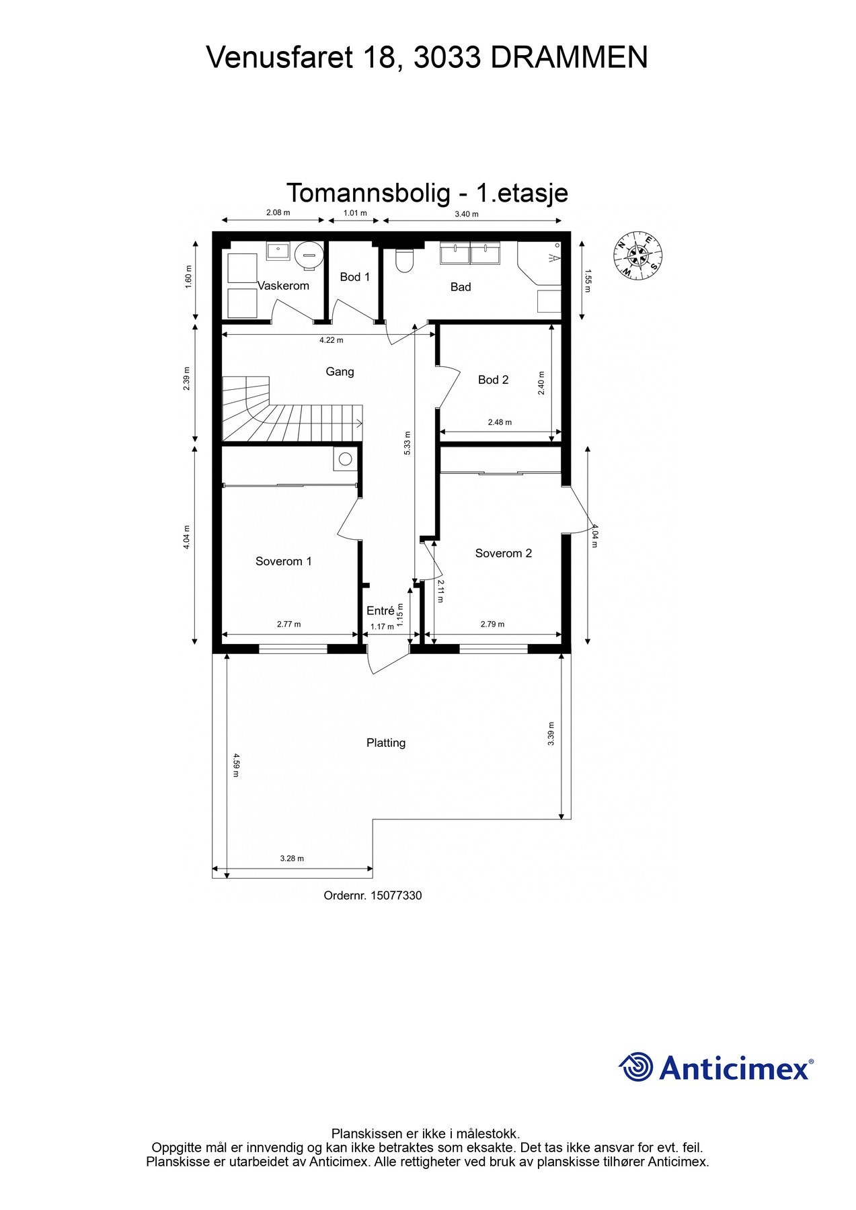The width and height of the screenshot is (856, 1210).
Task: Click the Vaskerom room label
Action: tap(283, 286)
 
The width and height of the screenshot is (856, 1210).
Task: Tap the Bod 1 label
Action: tap(354, 277)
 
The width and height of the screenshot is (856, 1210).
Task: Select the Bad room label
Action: tap(461, 287)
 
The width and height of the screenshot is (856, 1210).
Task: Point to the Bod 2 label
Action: tap(493, 380)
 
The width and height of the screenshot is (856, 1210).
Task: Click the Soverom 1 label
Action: tap(283, 561)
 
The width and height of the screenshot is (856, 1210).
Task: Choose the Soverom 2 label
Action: tap(503, 553)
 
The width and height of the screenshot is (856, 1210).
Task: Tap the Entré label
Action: tap(380, 611)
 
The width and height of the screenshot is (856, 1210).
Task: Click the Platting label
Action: tap(386, 743)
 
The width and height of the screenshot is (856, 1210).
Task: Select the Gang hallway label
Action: tap(340, 372)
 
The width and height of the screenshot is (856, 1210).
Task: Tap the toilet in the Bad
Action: tap(404, 261)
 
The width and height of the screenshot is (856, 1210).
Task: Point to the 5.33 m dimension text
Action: tap(407, 444)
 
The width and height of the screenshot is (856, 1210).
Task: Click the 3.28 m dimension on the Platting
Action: tap(292, 858)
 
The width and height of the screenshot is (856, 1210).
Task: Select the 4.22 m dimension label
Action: tap(331, 340)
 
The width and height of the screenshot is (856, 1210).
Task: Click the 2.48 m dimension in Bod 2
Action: tap(500, 422)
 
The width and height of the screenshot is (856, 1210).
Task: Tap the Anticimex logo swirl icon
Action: tap(635, 1067)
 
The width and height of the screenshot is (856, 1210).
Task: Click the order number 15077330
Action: tap(396, 895)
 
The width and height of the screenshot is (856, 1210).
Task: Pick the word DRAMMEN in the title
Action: tap(569, 58)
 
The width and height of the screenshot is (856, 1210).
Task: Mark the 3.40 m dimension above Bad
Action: tap(466, 214)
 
